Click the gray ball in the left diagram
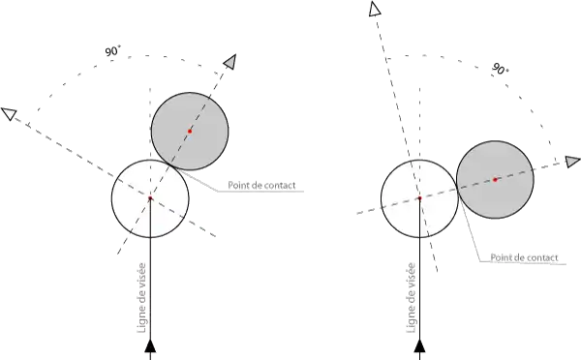[x=190, y=131]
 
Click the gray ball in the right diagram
[x=495, y=180]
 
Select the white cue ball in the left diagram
[x=150, y=198]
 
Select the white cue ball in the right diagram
[x=419, y=198]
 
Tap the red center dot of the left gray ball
[x=190, y=131]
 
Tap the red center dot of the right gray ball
[x=495, y=180]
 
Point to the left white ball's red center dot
[x=150, y=198]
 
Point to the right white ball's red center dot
[x=419, y=198]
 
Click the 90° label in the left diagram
[x=112, y=50]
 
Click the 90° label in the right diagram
[x=501, y=69]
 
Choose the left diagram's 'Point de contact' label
[x=261, y=185]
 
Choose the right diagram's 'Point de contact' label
[x=524, y=257]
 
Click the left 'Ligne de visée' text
[x=142, y=298]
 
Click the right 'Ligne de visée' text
[x=412, y=298]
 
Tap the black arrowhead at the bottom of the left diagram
[x=150, y=345]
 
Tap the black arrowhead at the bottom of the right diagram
[x=419, y=345]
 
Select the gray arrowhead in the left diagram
[x=230, y=62]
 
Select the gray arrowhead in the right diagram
[x=573, y=162]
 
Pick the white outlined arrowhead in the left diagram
[x=10, y=113]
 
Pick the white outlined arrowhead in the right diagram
[x=375, y=9]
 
